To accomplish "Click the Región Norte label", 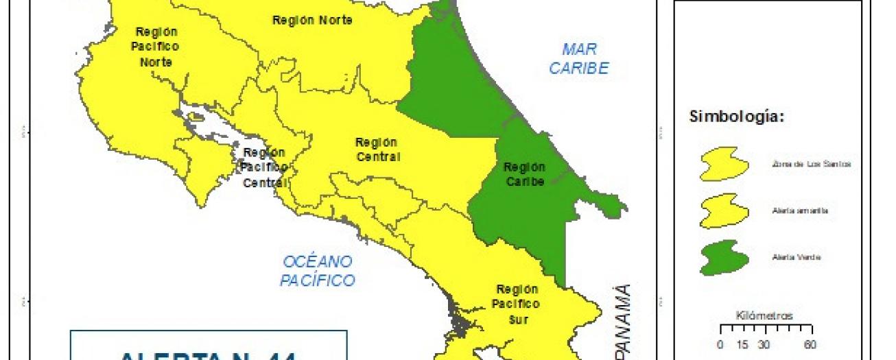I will pyautogui.click(x=312, y=21).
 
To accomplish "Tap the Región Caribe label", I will pyautogui.click(x=524, y=174).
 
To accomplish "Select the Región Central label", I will pyautogui.click(x=377, y=149).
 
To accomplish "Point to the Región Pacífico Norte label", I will pyautogui.click(x=156, y=47).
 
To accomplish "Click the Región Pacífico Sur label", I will pyautogui.click(x=517, y=304).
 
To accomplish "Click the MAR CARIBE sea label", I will pyautogui.click(x=579, y=59).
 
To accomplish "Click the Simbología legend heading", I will pyautogui.click(x=736, y=117).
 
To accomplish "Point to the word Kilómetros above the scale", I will pyautogui.click(x=764, y=316).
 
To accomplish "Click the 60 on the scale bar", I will pyautogui.click(x=809, y=344).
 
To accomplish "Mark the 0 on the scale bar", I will pyautogui.click(x=720, y=344).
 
